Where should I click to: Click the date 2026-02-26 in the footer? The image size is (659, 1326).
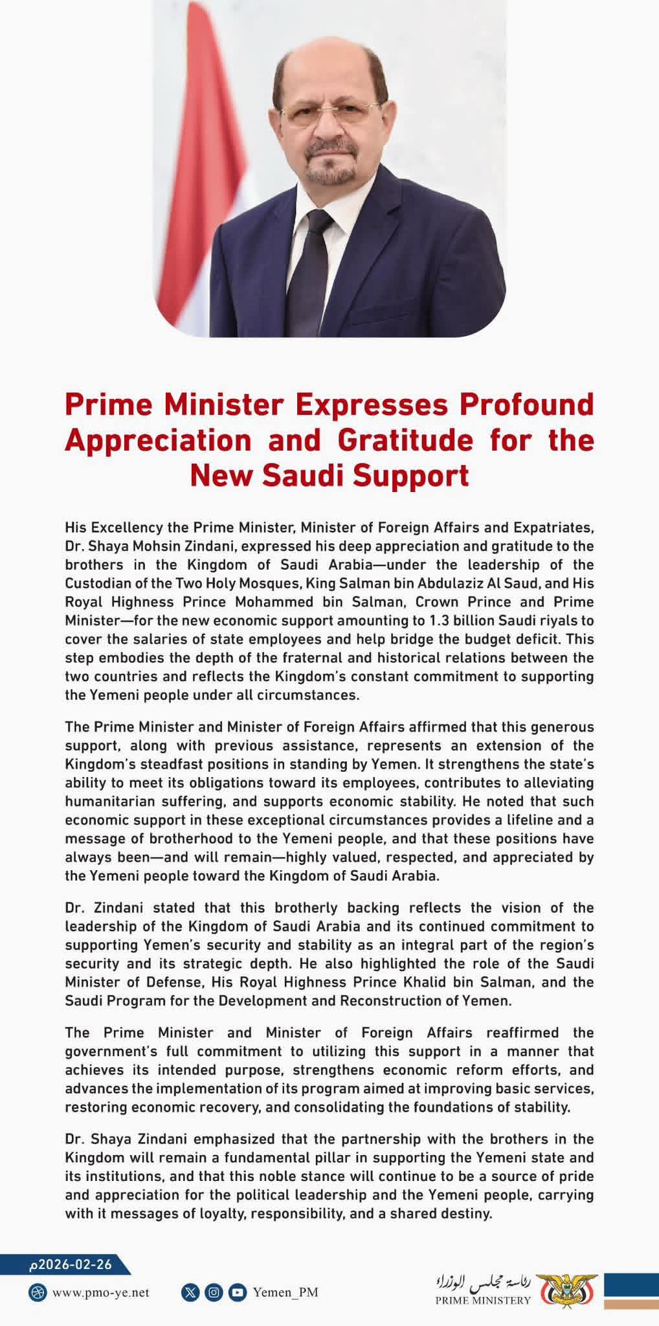click(x=71, y=1264)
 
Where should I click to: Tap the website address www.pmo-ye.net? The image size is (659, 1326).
click(x=100, y=1292)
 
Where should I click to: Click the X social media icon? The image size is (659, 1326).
click(x=190, y=1293)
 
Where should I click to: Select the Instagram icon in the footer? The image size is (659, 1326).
click(x=214, y=1293)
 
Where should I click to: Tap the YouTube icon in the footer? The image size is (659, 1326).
click(x=238, y=1293)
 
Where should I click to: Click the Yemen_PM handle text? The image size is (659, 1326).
click(x=285, y=1293)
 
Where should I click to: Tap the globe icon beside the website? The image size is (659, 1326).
click(x=38, y=1293)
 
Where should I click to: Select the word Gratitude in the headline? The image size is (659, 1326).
click(x=405, y=441)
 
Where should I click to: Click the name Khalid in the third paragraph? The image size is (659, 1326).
click(x=447, y=982)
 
